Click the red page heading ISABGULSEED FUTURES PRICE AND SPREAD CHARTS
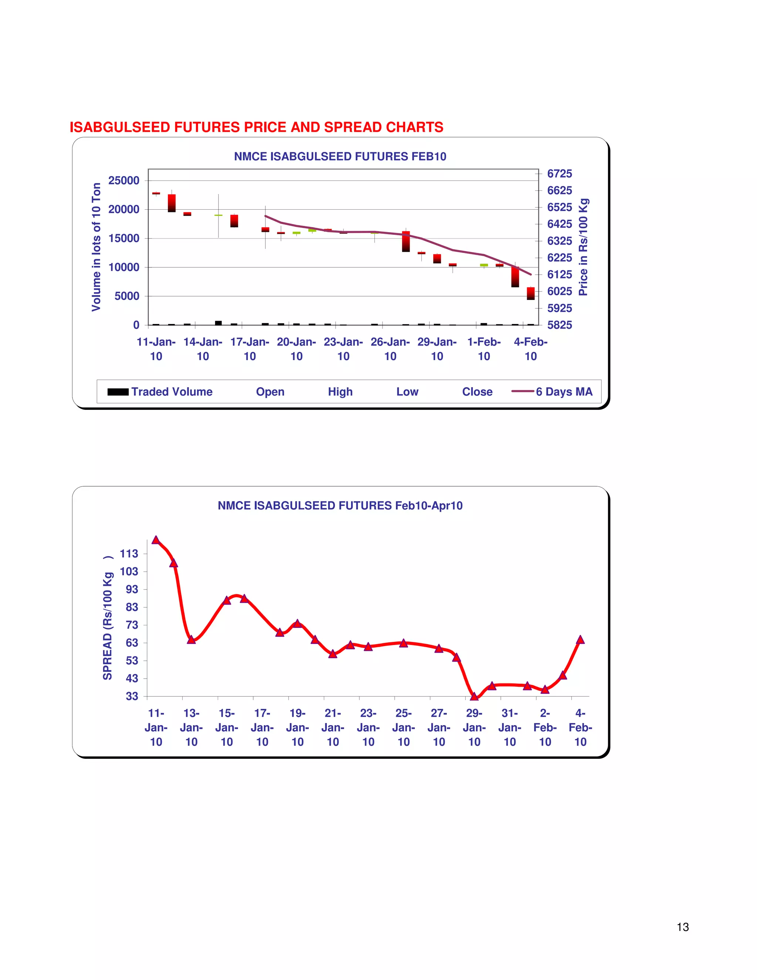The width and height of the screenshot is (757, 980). [x=256, y=128]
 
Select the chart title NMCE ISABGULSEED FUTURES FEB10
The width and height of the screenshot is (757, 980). [x=340, y=156]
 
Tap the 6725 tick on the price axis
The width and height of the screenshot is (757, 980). [x=559, y=174]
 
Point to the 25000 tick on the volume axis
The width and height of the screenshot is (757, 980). [x=124, y=180]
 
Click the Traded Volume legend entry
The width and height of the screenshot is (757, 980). [x=160, y=392]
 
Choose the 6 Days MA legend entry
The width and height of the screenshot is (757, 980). [x=553, y=392]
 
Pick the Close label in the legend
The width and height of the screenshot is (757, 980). [x=477, y=392]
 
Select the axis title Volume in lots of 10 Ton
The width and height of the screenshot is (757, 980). [x=96, y=247]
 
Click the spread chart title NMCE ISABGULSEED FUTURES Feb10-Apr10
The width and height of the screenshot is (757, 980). [x=340, y=506]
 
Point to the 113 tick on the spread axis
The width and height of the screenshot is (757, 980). [x=129, y=554]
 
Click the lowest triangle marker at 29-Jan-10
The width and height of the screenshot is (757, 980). [x=474, y=696]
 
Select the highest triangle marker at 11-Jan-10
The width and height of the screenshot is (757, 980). [x=156, y=540]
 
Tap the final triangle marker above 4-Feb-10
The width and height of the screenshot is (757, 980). [x=580, y=640]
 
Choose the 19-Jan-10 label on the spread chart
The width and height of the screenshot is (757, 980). [x=297, y=727]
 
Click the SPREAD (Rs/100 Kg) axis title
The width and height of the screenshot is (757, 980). [x=108, y=619]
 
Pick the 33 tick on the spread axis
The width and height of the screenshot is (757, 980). [x=131, y=696]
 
